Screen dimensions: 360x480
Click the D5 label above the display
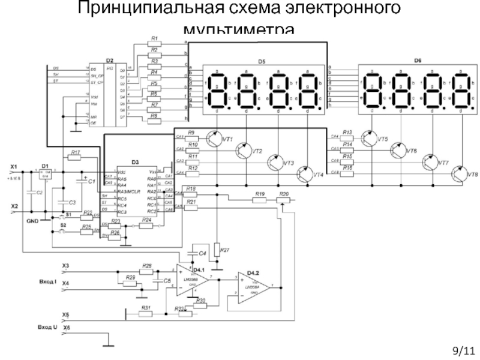[261, 61]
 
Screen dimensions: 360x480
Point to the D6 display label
[418, 61]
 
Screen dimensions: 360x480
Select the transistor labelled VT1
[213, 139]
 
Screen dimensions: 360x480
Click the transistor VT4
[304, 174]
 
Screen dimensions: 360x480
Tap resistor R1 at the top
[154, 43]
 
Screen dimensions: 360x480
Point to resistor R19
[259, 199]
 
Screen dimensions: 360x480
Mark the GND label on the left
[32, 220]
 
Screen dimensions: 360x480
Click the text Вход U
[46, 327]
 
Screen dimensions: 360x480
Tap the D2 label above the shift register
[109, 61]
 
